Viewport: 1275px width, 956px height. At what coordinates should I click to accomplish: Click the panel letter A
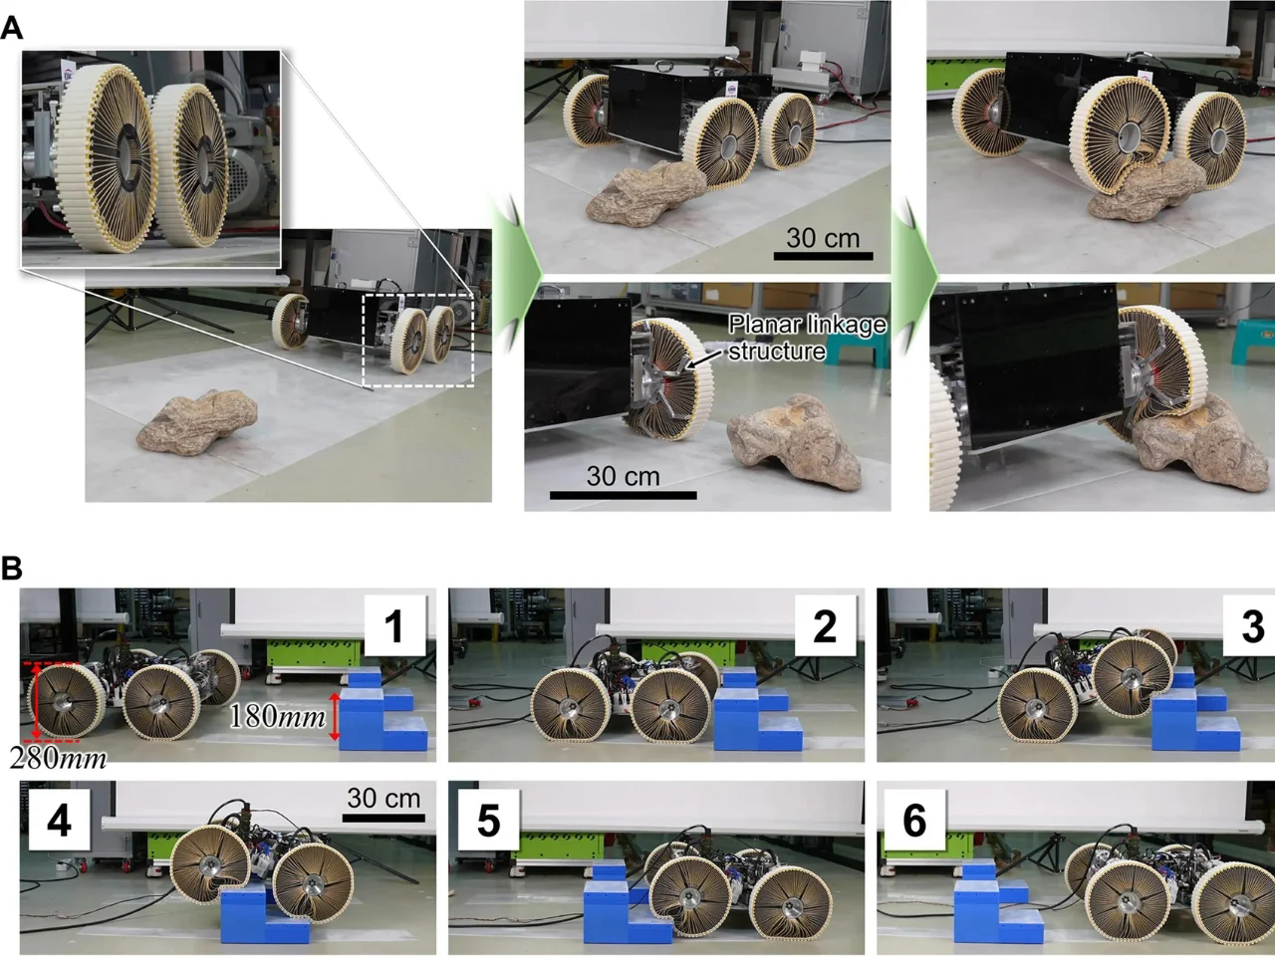(12, 27)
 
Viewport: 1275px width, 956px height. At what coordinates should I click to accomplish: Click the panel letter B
(12, 569)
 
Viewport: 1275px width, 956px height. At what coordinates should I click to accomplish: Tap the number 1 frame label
(393, 626)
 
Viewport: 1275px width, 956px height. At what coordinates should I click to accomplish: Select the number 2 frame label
(824, 626)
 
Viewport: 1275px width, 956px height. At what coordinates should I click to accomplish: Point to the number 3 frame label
(1251, 626)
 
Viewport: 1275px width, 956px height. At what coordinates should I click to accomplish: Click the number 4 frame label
(60, 821)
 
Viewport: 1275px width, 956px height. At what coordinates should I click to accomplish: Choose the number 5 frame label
(488, 821)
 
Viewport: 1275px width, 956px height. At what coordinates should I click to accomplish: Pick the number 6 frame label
(913, 821)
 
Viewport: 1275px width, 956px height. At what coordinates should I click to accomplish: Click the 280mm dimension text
(58, 758)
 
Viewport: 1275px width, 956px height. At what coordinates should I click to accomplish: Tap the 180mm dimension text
(278, 715)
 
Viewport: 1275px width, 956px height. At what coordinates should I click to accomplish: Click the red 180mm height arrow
(335, 718)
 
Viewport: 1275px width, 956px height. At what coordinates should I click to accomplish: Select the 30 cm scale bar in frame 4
(383, 817)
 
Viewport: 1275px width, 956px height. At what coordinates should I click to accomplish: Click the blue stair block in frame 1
(383, 712)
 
